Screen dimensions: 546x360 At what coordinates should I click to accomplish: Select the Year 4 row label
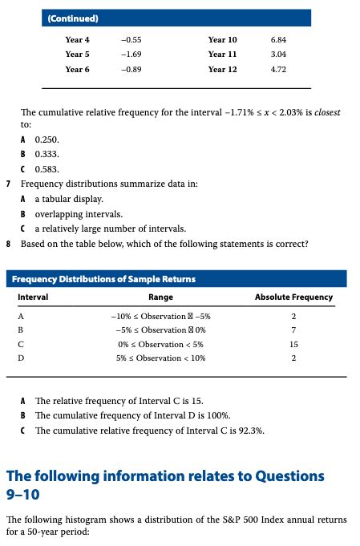click(77, 39)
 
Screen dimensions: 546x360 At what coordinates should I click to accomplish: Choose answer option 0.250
click(47, 139)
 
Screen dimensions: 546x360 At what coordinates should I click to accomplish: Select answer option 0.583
click(47, 168)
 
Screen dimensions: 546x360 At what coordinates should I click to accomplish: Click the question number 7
click(8, 184)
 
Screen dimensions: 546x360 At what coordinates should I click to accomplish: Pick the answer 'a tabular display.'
click(69, 198)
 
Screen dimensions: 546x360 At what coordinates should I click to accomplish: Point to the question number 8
click(8, 243)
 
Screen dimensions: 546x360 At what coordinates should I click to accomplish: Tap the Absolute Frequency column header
click(293, 297)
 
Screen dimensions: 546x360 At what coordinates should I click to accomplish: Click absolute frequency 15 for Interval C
click(293, 344)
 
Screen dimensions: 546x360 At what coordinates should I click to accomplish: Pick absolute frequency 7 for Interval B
click(293, 330)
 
